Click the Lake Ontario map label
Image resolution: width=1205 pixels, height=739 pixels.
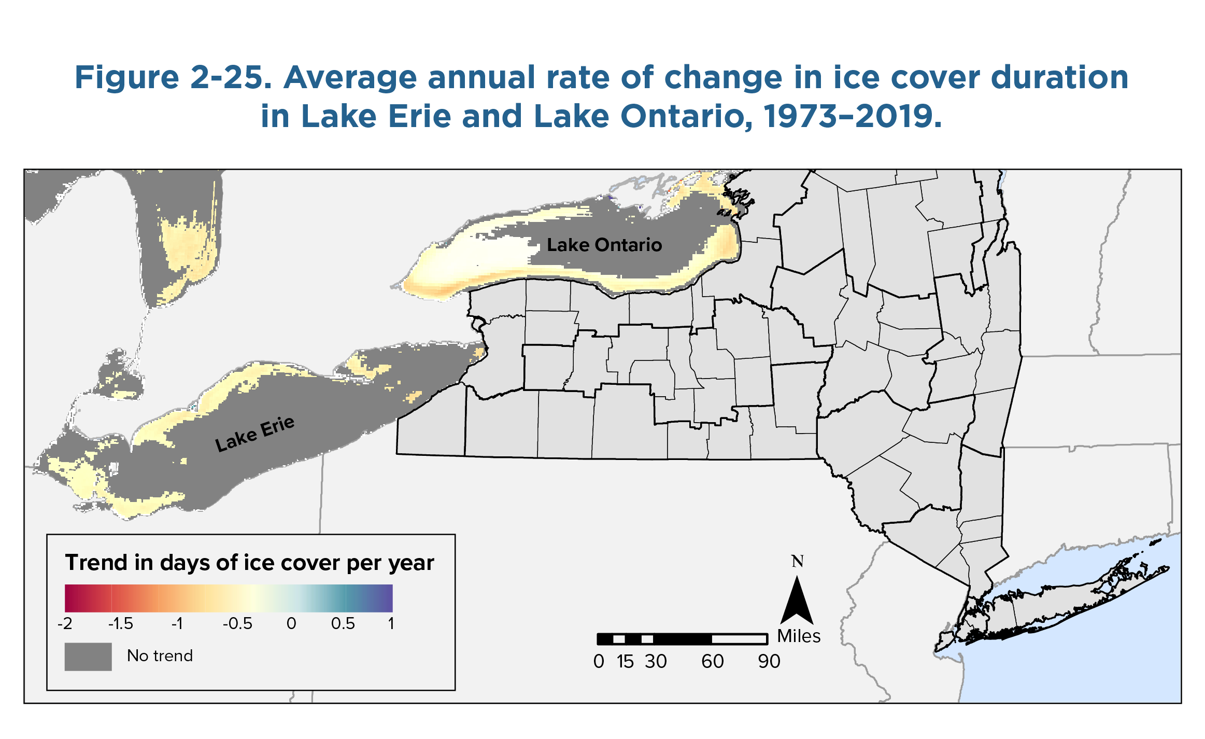coord(604,245)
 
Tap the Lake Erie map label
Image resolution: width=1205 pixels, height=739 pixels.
coord(255,434)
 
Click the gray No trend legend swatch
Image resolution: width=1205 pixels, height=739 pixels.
coord(88,657)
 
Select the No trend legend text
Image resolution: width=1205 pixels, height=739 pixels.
coord(160,656)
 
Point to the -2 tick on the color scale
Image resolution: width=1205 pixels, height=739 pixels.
coord(65,623)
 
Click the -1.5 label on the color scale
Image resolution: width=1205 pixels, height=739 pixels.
coord(120,623)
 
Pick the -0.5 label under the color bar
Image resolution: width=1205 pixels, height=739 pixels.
coord(237,623)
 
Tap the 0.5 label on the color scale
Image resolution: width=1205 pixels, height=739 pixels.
coord(343,623)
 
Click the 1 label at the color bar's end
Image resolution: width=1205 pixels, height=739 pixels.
coord(391,623)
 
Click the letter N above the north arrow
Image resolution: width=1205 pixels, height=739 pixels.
coord(798,561)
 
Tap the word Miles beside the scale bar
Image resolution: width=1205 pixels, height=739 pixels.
coord(799,636)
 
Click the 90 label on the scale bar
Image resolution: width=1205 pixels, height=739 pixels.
coord(769,662)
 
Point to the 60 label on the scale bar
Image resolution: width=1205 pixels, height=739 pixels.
coord(713,662)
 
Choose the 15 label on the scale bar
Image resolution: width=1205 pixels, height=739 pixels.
coord(625,662)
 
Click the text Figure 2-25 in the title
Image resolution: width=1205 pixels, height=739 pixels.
coord(173,78)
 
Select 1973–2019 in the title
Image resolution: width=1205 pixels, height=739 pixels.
coord(852,116)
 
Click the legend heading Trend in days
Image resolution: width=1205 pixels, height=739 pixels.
coord(249,563)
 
